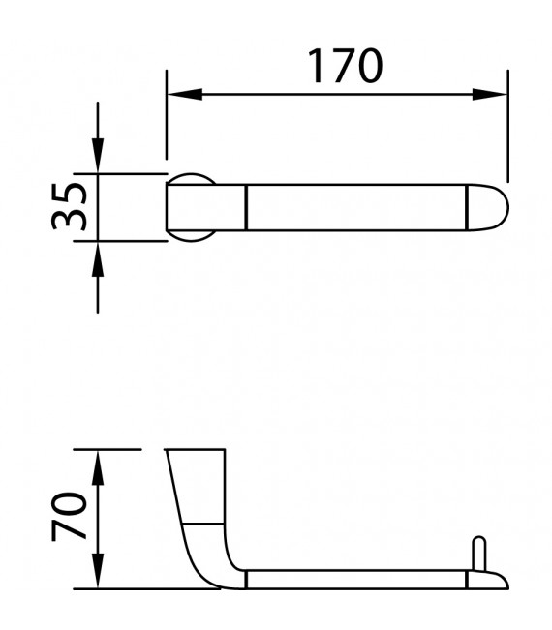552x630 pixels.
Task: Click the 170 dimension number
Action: coord(345,66)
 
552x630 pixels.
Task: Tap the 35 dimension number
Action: coord(69,206)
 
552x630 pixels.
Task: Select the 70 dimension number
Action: coord(69,516)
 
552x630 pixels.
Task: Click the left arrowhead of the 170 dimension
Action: coord(185,95)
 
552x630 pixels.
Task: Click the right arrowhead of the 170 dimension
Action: coord(490,95)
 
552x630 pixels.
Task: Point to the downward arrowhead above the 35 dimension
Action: coord(98,156)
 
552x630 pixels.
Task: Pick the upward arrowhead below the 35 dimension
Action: coord(98,259)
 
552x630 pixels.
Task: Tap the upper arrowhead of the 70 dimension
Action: coord(98,467)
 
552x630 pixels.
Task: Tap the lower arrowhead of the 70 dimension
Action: coord(98,571)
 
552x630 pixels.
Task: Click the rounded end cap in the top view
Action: coord(487,208)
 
